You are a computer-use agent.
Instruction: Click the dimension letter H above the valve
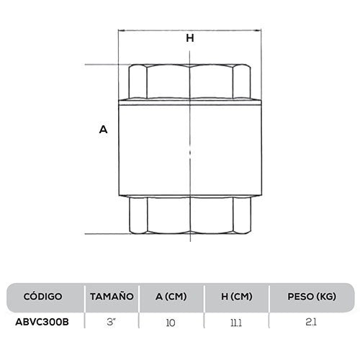click(x=190, y=39)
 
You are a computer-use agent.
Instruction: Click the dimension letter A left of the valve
click(x=103, y=130)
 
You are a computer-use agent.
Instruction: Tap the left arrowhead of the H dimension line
click(x=121, y=30)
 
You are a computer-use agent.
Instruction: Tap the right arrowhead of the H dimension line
click(x=258, y=30)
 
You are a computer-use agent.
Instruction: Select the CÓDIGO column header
click(x=42, y=297)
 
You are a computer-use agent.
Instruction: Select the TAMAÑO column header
click(x=112, y=297)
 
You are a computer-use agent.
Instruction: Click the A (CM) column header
click(x=171, y=297)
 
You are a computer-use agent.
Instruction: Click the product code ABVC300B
click(x=42, y=322)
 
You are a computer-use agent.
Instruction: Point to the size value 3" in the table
click(x=112, y=322)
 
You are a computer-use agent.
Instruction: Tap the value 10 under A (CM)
click(x=171, y=322)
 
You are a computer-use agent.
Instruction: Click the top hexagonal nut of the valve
click(x=190, y=81)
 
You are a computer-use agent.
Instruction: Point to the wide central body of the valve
click(x=190, y=148)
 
